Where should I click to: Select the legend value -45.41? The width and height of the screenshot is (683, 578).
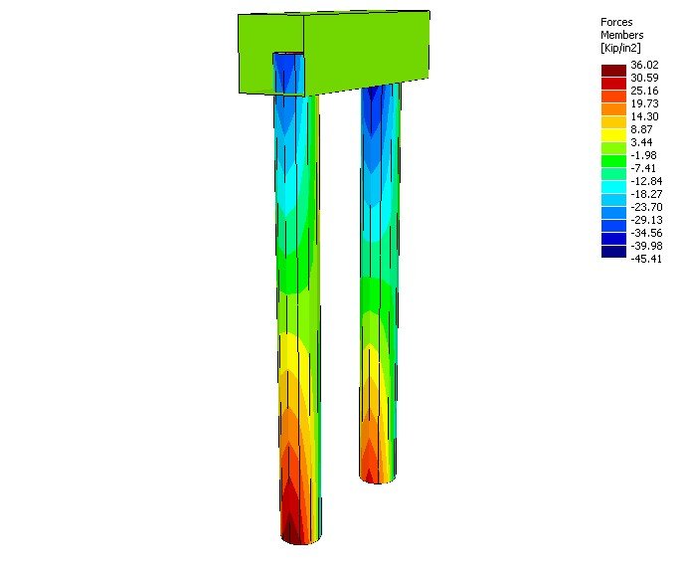[x=645, y=254]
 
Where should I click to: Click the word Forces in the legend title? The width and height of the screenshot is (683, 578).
[x=616, y=22]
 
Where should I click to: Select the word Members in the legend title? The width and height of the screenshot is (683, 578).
[x=621, y=35]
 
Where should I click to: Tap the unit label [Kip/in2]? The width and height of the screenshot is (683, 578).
[x=624, y=48]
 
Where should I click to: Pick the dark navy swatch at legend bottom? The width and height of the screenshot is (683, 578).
[x=613, y=253]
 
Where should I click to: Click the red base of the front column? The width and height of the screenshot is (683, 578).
[x=293, y=522]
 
